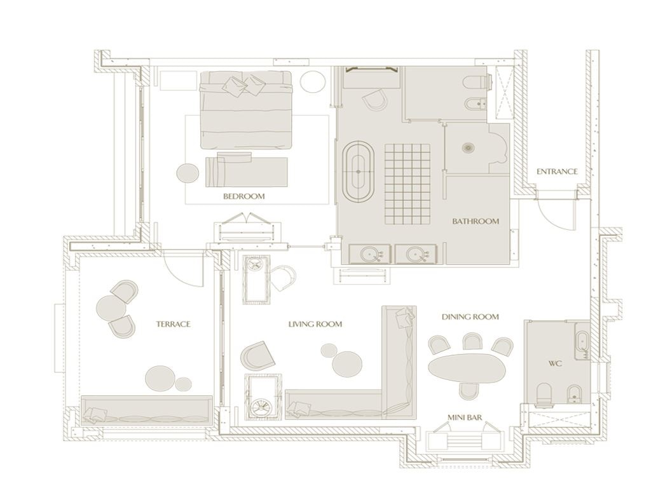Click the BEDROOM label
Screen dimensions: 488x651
243,197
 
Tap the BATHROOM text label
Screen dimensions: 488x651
476,222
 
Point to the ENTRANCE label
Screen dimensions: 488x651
557,172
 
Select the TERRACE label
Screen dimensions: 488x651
173,324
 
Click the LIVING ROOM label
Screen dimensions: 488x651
315,324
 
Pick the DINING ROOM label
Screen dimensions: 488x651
470,316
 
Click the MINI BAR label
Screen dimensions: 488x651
464,418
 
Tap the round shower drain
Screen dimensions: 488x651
469,148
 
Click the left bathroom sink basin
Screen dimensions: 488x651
369,255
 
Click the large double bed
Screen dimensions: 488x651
246,108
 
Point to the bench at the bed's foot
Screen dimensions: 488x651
247,170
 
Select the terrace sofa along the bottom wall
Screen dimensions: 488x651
147,411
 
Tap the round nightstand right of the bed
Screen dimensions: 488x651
312,83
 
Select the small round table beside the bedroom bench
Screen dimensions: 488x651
188,172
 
